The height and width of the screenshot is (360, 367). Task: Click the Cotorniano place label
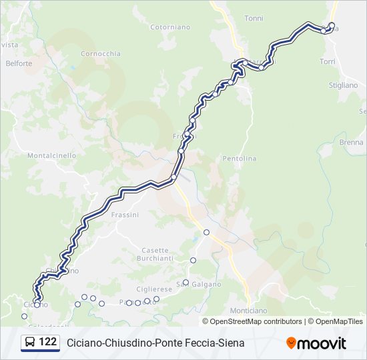pyautogui.click(x=170, y=27)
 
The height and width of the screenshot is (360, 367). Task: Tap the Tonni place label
pyautogui.click(x=254, y=19)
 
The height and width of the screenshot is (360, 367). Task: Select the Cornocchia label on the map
pyautogui.click(x=100, y=53)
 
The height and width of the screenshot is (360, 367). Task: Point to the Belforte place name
pyautogui.click(x=19, y=63)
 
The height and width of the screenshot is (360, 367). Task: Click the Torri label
pyautogui.click(x=327, y=61)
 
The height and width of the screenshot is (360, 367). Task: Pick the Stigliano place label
pyautogui.click(x=343, y=85)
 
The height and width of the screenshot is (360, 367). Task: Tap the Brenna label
pyautogui.click(x=351, y=143)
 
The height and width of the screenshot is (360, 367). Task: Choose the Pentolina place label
pyautogui.click(x=239, y=159)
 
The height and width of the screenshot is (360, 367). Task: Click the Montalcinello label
pyautogui.click(x=51, y=155)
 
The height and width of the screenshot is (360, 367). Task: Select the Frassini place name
pyautogui.click(x=125, y=215)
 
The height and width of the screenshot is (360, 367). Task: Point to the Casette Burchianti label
pyautogui.click(x=155, y=253)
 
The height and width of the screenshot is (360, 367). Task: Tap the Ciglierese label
pyautogui.click(x=154, y=289)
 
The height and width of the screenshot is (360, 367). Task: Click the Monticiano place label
pyautogui.click(x=248, y=311)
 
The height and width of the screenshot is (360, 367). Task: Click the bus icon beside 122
pyautogui.click(x=31, y=343)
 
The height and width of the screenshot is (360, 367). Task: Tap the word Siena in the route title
pyautogui.click(x=231, y=343)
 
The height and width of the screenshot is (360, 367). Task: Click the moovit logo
pyautogui.click(x=316, y=343)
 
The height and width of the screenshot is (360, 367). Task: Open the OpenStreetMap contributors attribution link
pyautogui.click(x=256, y=321)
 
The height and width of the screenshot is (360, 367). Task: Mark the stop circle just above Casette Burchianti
pyautogui.click(x=207, y=232)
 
